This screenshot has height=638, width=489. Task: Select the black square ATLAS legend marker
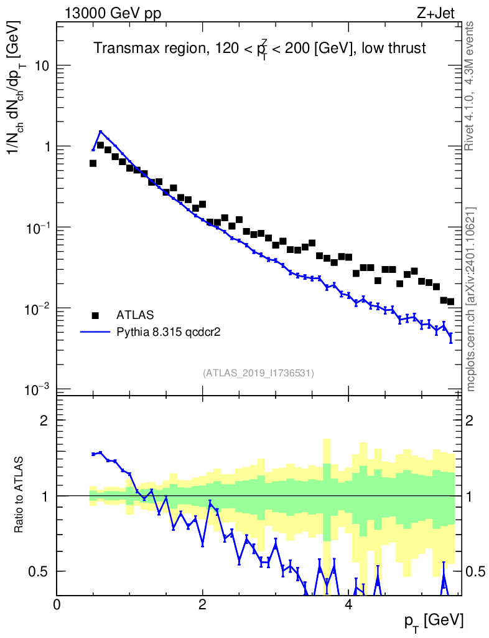pos(95,315)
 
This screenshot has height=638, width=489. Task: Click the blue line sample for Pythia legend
pos(95,332)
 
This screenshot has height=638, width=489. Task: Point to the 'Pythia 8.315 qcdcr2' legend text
pos(169,332)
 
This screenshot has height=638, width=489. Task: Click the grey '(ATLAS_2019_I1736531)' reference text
pos(258,373)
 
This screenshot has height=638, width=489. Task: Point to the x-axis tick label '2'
pos(203,605)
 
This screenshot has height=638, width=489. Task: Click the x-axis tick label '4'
pos(348,605)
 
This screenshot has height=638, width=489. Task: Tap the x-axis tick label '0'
pos(57,605)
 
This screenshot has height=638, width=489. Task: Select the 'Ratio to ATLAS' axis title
pos(19,495)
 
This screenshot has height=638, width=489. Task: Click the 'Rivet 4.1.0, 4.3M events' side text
pos(471,85)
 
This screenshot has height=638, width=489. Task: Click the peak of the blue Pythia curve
pos(100,131)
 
